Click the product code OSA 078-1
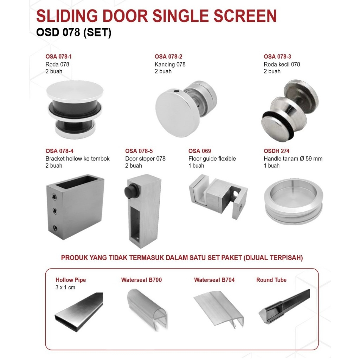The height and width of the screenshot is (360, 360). (x=59, y=57)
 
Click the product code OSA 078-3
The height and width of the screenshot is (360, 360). (x=277, y=57)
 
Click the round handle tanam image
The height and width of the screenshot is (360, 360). (x=293, y=202)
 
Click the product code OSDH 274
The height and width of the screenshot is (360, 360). (x=277, y=151)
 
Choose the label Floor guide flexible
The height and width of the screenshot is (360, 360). (x=212, y=159)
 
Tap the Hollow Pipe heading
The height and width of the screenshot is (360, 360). (x=71, y=280)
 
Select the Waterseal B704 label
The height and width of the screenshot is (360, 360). (x=214, y=280)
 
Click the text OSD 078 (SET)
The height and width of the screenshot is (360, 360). (x=74, y=33)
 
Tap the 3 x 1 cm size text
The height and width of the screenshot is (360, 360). (x=65, y=287)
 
